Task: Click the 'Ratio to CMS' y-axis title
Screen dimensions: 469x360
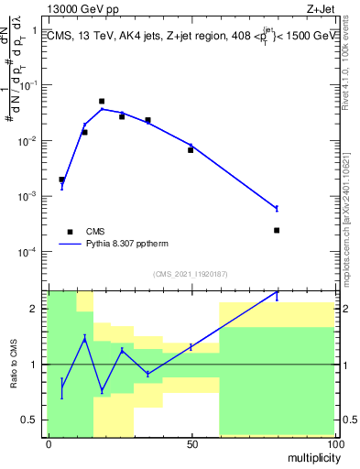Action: click(x=13, y=364)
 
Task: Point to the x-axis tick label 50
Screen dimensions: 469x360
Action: click(x=191, y=443)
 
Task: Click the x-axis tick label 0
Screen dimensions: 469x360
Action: click(x=49, y=443)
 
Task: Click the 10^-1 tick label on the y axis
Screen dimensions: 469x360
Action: click(x=28, y=85)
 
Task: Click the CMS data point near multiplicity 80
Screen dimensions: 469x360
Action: click(x=277, y=230)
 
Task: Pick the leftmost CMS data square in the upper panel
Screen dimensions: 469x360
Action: click(x=61, y=180)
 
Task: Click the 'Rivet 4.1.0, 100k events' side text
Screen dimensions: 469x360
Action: click(x=351, y=73)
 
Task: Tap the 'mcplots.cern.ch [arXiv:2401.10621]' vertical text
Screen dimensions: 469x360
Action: click(x=351, y=211)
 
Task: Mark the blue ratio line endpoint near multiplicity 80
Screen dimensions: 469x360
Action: click(x=277, y=294)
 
